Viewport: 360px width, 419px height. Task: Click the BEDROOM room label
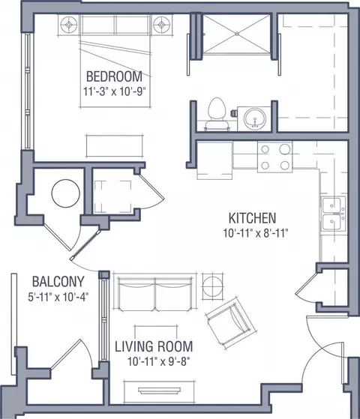pos(114,76)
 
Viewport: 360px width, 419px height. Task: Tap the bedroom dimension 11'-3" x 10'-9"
pos(114,91)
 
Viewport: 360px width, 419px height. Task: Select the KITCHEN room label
pos(252,218)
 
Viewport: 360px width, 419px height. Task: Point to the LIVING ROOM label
pos(154,346)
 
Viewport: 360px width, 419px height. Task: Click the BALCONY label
pos(58,282)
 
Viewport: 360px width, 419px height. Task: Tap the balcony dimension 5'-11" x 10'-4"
pos(58,297)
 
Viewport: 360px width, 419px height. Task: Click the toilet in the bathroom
pos(217,114)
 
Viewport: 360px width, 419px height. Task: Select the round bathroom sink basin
pos(255,118)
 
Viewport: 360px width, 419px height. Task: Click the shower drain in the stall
pos(237,34)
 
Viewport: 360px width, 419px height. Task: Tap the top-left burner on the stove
pos(265,149)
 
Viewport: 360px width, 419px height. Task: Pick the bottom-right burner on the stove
pos(285,166)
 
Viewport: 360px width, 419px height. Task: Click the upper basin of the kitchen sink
pos(331,205)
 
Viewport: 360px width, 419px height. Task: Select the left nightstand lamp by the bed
pos(69,25)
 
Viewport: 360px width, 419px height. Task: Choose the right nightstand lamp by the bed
pos(161,25)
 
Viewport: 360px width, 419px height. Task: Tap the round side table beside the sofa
pos(213,286)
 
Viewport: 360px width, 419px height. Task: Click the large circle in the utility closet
pos(66,193)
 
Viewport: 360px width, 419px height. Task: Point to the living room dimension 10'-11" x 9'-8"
pos(158,362)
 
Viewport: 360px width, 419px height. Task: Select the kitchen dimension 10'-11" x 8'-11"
pos(256,233)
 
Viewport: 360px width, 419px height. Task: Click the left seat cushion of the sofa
pos(136,294)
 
